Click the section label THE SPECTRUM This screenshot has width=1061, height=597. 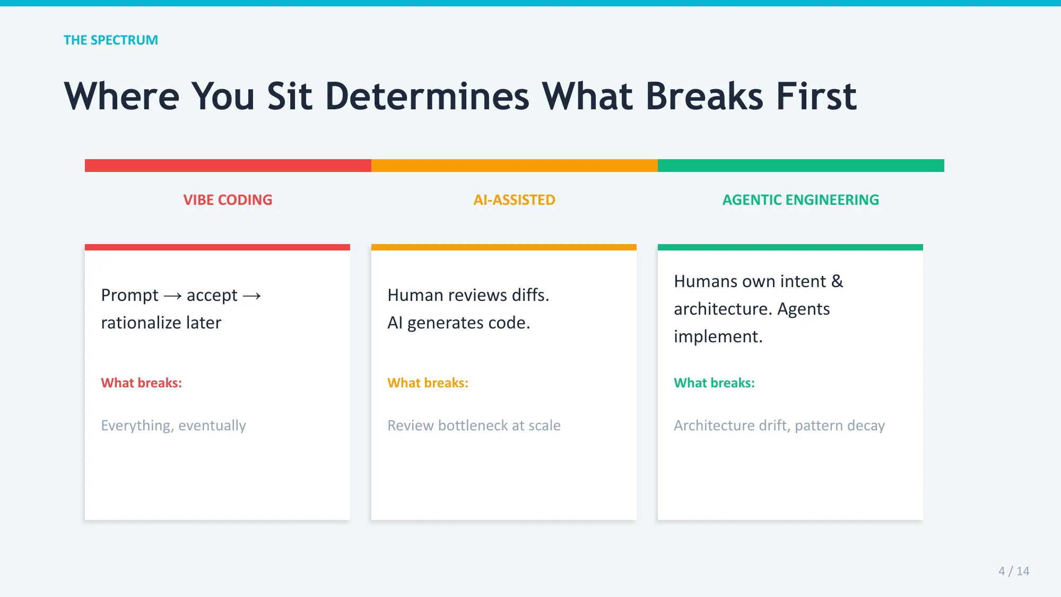pyautogui.click(x=110, y=40)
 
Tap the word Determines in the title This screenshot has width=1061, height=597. pyautogui.click(x=427, y=97)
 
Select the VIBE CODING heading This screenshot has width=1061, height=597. pyautogui.click(x=228, y=200)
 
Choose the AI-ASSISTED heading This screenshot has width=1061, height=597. pyautogui.click(x=514, y=200)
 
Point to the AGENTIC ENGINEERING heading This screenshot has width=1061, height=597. pyautogui.click(x=801, y=200)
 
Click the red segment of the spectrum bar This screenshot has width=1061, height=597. pyautogui.click(x=228, y=166)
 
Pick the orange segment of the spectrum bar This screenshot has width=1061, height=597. pyautogui.click(x=515, y=166)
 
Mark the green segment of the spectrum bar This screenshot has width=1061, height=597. pyautogui.click(x=801, y=166)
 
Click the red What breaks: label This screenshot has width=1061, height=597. pyautogui.click(x=141, y=383)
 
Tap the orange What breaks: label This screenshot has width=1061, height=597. pyautogui.click(x=428, y=383)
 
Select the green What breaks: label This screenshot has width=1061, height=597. pyautogui.click(x=714, y=383)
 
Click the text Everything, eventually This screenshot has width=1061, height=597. pyautogui.click(x=173, y=426)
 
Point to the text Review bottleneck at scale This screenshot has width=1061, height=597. pyautogui.click(x=474, y=426)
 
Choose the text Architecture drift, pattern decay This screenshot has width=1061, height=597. pyautogui.click(x=779, y=426)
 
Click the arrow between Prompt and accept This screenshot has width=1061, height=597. pyautogui.click(x=172, y=296)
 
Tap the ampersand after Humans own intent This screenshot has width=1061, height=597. pyautogui.click(x=837, y=281)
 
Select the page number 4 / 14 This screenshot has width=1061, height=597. pyautogui.click(x=1013, y=571)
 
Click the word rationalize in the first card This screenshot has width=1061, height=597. pyautogui.click(x=141, y=323)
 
